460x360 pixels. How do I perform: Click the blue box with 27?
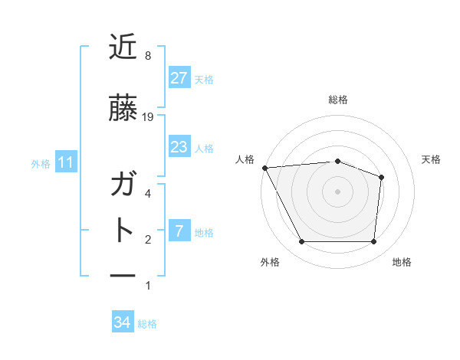pyautogui.click(x=179, y=78)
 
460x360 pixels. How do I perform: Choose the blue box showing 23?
pyautogui.click(x=179, y=147)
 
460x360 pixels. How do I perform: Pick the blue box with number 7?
pyautogui.click(x=179, y=231)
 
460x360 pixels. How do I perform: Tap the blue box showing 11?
pyautogui.click(x=66, y=162)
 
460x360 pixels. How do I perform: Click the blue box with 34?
pyautogui.click(x=123, y=322)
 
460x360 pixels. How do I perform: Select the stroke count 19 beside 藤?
pyautogui.click(x=149, y=116)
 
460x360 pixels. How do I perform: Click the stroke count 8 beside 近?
pyautogui.click(x=148, y=56)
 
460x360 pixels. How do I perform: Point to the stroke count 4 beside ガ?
pyautogui.click(x=148, y=193)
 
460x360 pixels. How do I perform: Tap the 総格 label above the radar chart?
pyautogui.click(x=338, y=100)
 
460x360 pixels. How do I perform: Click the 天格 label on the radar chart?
pyautogui.click(x=432, y=159)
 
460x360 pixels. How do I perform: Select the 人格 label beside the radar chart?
pyautogui.click(x=245, y=159)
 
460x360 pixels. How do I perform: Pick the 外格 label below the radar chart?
pyautogui.click(x=270, y=262)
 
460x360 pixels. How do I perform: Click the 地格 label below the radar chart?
pyautogui.click(x=402, y=262)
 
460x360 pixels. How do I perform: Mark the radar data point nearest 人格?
pyautogui.click(x=264, y=168)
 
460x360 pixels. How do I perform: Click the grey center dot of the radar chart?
pyautogui.click(x=337, y=191)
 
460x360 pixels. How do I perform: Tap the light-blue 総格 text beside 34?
pyautogui.click(x=148, y=324)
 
